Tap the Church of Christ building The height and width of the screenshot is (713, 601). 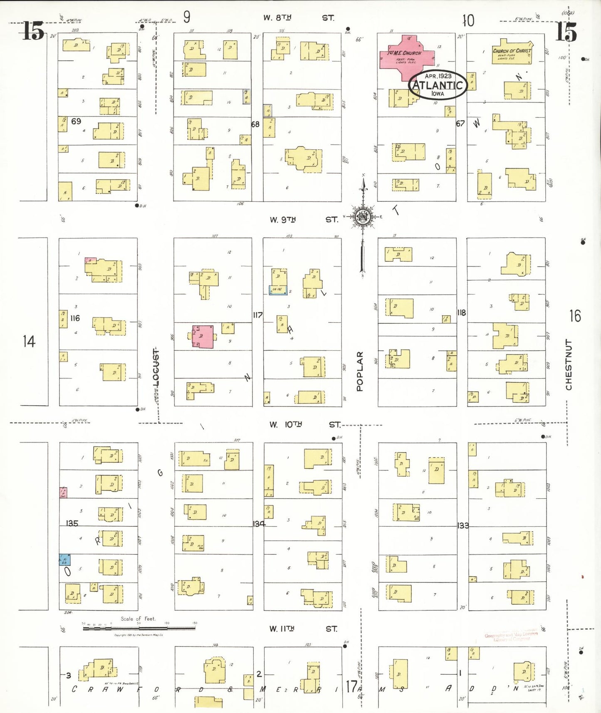[512, 53]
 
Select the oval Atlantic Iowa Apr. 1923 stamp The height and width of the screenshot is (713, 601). [438, 85]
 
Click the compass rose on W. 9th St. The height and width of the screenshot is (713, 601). [364, 216]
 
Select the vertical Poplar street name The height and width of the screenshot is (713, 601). [360, 371]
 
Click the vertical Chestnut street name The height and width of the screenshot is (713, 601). [569, 365]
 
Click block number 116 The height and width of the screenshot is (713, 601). [75, 318]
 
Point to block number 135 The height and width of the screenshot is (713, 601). [72, 523]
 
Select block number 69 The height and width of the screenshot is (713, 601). [76, 121]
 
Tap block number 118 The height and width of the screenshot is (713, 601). [462, 312]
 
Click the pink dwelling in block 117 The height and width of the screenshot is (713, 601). [203, 336]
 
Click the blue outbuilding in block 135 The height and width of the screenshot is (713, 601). [64, 560]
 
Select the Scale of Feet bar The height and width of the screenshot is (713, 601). [139, 628]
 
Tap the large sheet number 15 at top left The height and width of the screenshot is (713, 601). [33, 31]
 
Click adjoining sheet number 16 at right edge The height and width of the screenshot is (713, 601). [575, 316]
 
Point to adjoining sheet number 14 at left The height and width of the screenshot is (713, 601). [29, 342]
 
